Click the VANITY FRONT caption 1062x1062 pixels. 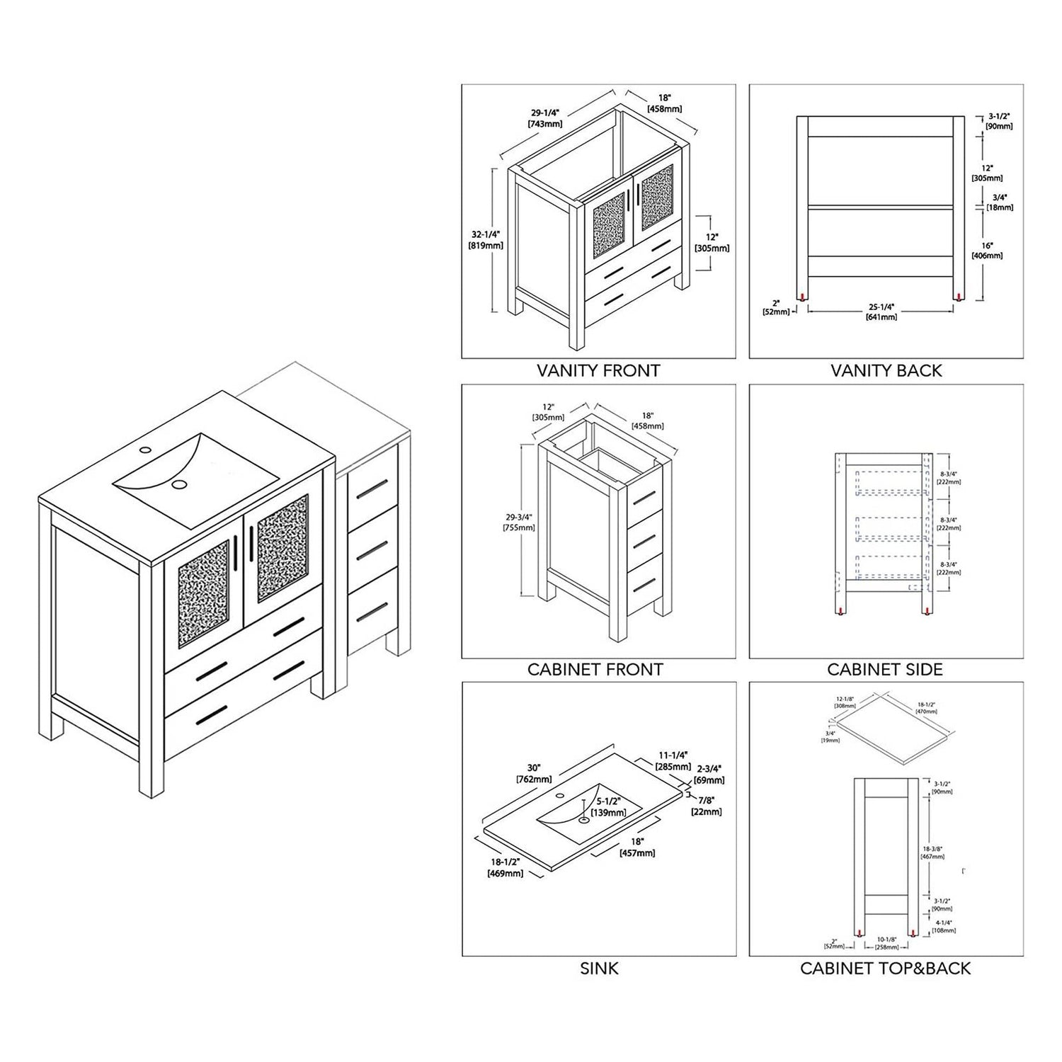point(598,370)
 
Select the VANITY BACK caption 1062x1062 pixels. point(886,370)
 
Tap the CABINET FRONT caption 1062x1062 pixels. point(595,669)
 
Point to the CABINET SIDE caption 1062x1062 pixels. point(884,669)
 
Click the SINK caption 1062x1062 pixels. point(599,968)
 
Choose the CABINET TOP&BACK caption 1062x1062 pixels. point(885,968)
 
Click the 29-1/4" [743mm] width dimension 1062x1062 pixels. point(545,118)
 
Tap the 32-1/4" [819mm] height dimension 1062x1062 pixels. point(485,240)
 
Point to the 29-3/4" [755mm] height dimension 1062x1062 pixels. point(518,523)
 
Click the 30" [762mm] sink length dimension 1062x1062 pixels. point(534,774)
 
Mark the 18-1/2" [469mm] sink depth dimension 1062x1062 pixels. point(505,867)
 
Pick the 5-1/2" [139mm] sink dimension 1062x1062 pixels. point(608,806)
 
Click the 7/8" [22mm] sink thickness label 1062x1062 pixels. point(707,806)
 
